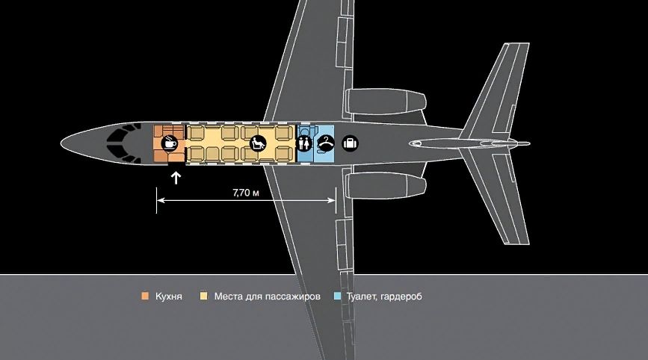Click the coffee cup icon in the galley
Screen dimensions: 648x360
click(169, 143)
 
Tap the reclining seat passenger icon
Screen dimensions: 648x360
click(258, 143)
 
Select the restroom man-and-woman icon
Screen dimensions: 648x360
click(305, 143)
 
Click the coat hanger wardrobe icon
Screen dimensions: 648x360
click(326, 143)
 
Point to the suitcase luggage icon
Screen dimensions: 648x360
click(351, 143)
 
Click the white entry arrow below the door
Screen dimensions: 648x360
click(176, 178)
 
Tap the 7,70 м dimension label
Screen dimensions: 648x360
click(246, 193)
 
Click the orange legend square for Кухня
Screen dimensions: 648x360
click(145, 296)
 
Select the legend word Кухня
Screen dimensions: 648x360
click(169, 297)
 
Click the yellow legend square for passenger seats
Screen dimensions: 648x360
click(204, 296)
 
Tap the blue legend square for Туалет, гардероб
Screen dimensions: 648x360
click(337, 296)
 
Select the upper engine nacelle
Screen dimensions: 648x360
click(385, 102)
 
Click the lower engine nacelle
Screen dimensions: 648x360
click(385, 185)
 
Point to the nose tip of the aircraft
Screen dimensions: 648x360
click(61, 143)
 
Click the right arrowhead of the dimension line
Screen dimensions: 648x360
click(331, 200)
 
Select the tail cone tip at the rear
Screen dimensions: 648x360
click(528, 143)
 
